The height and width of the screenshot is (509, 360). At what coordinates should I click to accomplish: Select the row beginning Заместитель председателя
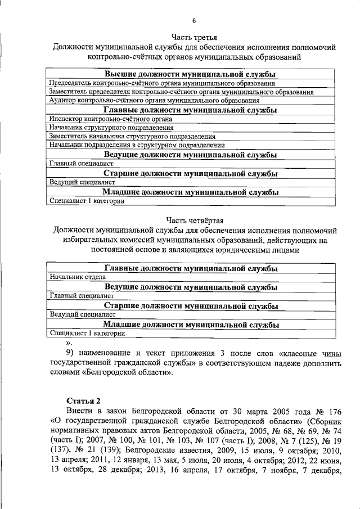click(181, 92)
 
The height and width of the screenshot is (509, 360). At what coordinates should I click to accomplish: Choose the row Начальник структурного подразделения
click(111, 128)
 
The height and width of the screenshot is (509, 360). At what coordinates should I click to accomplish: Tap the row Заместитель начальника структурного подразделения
click(132, 136)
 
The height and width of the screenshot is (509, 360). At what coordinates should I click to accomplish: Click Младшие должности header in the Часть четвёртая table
click(191, 325)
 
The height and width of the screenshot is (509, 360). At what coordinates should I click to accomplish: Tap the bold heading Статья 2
click(83, 400)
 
